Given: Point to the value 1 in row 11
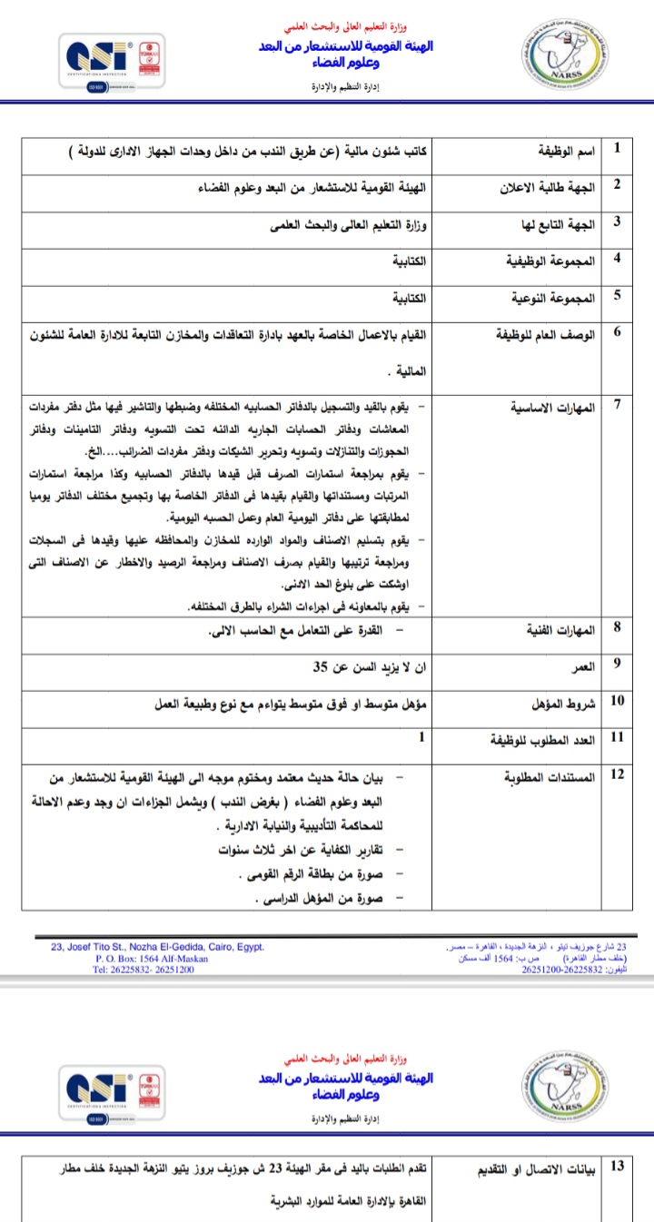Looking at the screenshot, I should click(x=421, y=737).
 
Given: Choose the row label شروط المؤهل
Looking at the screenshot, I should click(x=558, y=703).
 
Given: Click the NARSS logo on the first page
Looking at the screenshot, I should click(x=557, y=63).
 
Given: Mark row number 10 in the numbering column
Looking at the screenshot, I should click(x=618, y=701).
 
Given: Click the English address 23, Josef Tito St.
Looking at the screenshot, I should click(x=158, y=947).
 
